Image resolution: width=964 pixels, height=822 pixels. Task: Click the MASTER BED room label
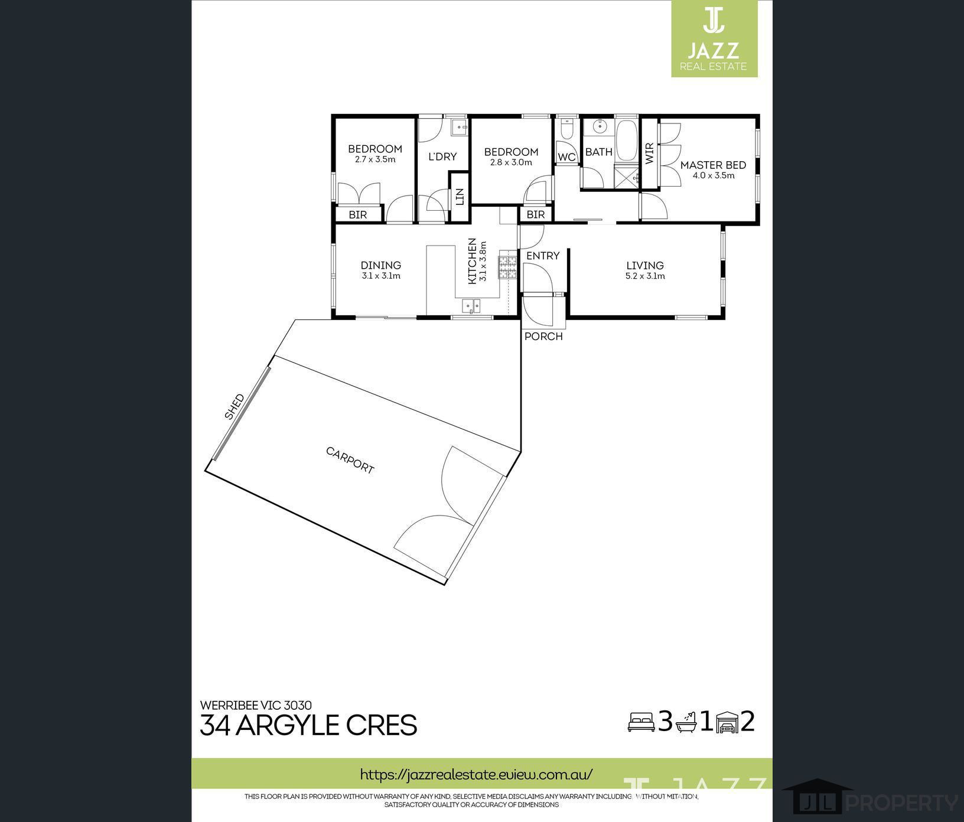click(x=713, y=165)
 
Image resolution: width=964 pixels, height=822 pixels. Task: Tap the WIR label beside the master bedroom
click(x=650, y=154)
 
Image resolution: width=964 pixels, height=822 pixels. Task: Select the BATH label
click(x=599, y=152)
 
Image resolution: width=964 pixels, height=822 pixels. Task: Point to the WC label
click(x=566, y=157)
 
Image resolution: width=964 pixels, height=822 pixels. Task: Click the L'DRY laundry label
click(x=442, y=156)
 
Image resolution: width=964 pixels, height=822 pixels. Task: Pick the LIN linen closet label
click(x=460, y=197)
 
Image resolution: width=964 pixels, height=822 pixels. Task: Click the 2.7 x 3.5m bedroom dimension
click(x=375, y=159)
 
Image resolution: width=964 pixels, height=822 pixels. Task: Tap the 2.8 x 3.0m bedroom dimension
click(x=511, y=162)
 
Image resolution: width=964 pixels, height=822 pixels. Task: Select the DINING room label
click(x=381, y=266)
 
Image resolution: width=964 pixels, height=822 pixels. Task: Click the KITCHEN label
click(x=472, y=261)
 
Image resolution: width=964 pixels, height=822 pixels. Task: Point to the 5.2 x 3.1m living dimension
click(x=645, y=276)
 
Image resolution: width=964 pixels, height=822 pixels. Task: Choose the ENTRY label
click(x=543, y=256)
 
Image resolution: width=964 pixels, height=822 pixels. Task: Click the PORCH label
click(x=543, y=337)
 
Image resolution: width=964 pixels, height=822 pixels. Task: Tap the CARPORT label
click(x=350, y=460)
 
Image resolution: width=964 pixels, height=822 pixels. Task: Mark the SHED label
click(x=235, y=407)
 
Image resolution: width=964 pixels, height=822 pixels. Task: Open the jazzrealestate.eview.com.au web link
click(x=476, y=774)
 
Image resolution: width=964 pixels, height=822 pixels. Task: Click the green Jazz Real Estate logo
click(x=714, y=38)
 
